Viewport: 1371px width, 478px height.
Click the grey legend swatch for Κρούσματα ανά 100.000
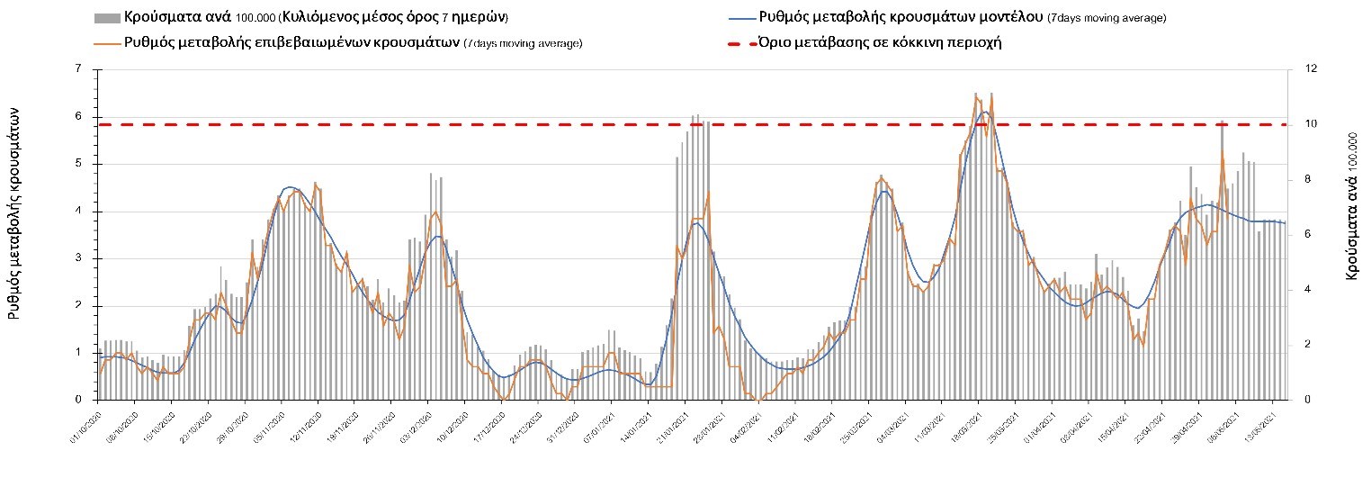[106, 18]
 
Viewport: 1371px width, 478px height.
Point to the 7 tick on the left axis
[79, 69]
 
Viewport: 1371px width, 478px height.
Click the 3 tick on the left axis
[79, 258]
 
